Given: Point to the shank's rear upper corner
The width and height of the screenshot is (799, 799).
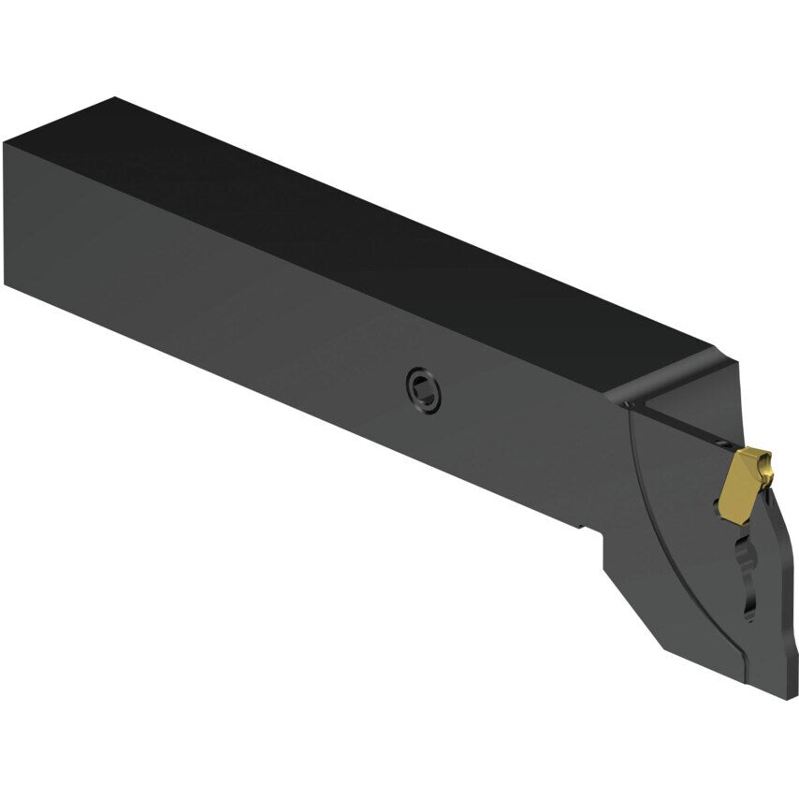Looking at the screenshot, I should point(114,97).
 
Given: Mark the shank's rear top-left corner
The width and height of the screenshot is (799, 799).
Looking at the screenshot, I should point(6,142).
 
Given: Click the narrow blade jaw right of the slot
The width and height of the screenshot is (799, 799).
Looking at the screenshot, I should point(772,580).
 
